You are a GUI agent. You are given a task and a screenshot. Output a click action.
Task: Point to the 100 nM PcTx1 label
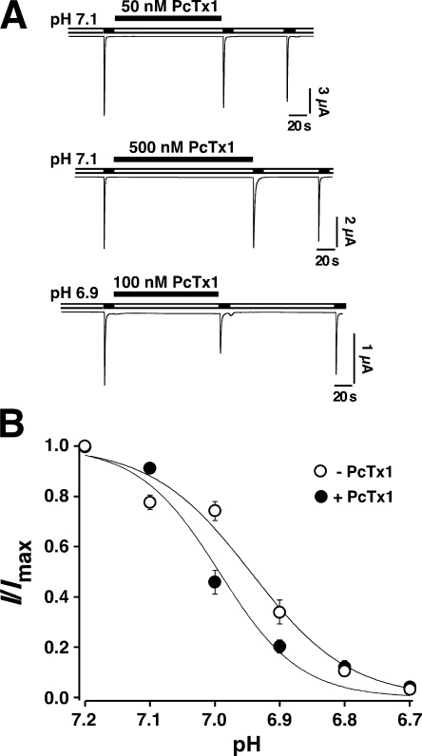click(x=166, y=281)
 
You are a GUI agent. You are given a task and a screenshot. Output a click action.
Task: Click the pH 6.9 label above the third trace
click(x=76, y=294)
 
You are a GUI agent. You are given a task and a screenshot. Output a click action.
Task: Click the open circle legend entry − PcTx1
click(x=351, y=471)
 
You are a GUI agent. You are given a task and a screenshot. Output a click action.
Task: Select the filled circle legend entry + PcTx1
click(x=351, y=496)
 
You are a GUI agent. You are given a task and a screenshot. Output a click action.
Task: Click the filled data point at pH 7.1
click(x=150, y=467)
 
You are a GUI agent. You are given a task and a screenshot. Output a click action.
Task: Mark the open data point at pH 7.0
click(x=215, y=510)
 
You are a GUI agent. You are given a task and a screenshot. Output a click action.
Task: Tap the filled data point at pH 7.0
click(x=215, y=582)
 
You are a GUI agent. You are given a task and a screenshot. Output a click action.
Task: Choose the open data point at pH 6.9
click(x=279, y=612)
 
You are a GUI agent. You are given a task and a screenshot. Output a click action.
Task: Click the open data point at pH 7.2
click(x=86, y=446)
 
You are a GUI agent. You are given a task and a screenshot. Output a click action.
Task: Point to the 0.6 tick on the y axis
click(x=80, y=547)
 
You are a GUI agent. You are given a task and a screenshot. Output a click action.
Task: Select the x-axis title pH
click(x=247, y=743)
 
